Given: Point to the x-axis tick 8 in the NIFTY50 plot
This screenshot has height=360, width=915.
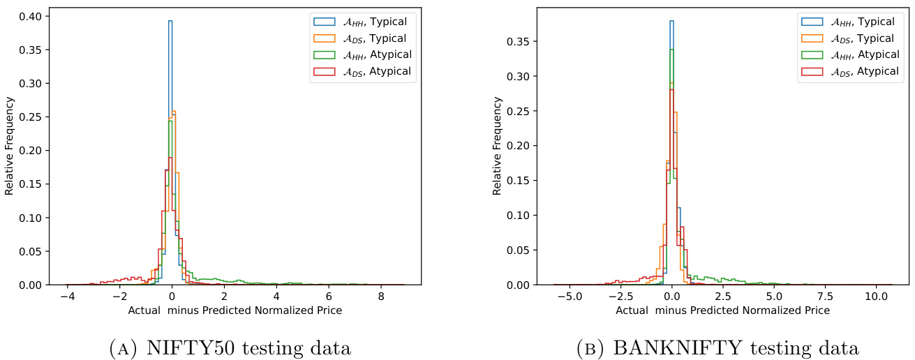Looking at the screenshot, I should click(380, 297).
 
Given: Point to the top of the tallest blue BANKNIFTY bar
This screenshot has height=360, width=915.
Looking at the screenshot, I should click(671, 21).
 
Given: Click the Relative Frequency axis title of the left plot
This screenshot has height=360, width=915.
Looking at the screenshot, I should click(9, 150).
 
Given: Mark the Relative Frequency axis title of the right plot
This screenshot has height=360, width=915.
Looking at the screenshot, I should click(497, 150).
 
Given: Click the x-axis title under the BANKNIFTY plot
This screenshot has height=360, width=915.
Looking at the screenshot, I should click(722, 310).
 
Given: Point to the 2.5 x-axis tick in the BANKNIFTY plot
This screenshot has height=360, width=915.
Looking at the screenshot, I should click(722, 297).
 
